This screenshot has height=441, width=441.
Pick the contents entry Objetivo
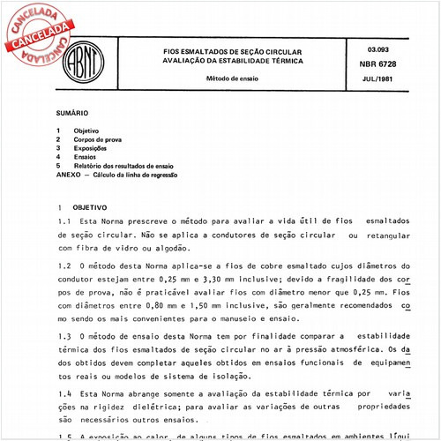(x=86, y=131)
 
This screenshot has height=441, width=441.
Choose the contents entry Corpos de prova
(x=99, y=140)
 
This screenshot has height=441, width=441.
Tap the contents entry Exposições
(x=91, y=149)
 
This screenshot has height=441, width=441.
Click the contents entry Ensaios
(x=86, y=158)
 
